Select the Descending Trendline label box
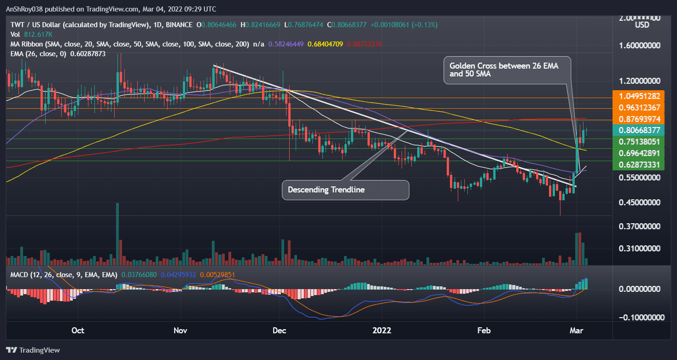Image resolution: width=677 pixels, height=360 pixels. tap(345, 190)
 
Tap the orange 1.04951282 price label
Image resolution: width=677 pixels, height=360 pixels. tap(641, 96)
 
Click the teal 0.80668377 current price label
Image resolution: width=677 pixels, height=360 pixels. tap(641, 130)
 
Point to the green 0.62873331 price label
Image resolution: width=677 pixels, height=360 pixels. tap(641, 164)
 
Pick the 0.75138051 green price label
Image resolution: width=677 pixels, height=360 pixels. tap(641, 142)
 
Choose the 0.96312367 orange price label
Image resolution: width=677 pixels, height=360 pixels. tap(641, 108)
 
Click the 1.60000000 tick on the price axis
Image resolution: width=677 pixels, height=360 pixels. tap(641, 46)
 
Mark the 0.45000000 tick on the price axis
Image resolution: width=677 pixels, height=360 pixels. tap(641, 202)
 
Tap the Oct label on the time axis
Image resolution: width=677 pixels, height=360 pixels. tap(78, 331)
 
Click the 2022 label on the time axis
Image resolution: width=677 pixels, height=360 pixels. tap(382, 331)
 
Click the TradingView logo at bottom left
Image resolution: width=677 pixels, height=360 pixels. tap(33, 350)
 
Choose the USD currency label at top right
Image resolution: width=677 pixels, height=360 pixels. tap(642, 25)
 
